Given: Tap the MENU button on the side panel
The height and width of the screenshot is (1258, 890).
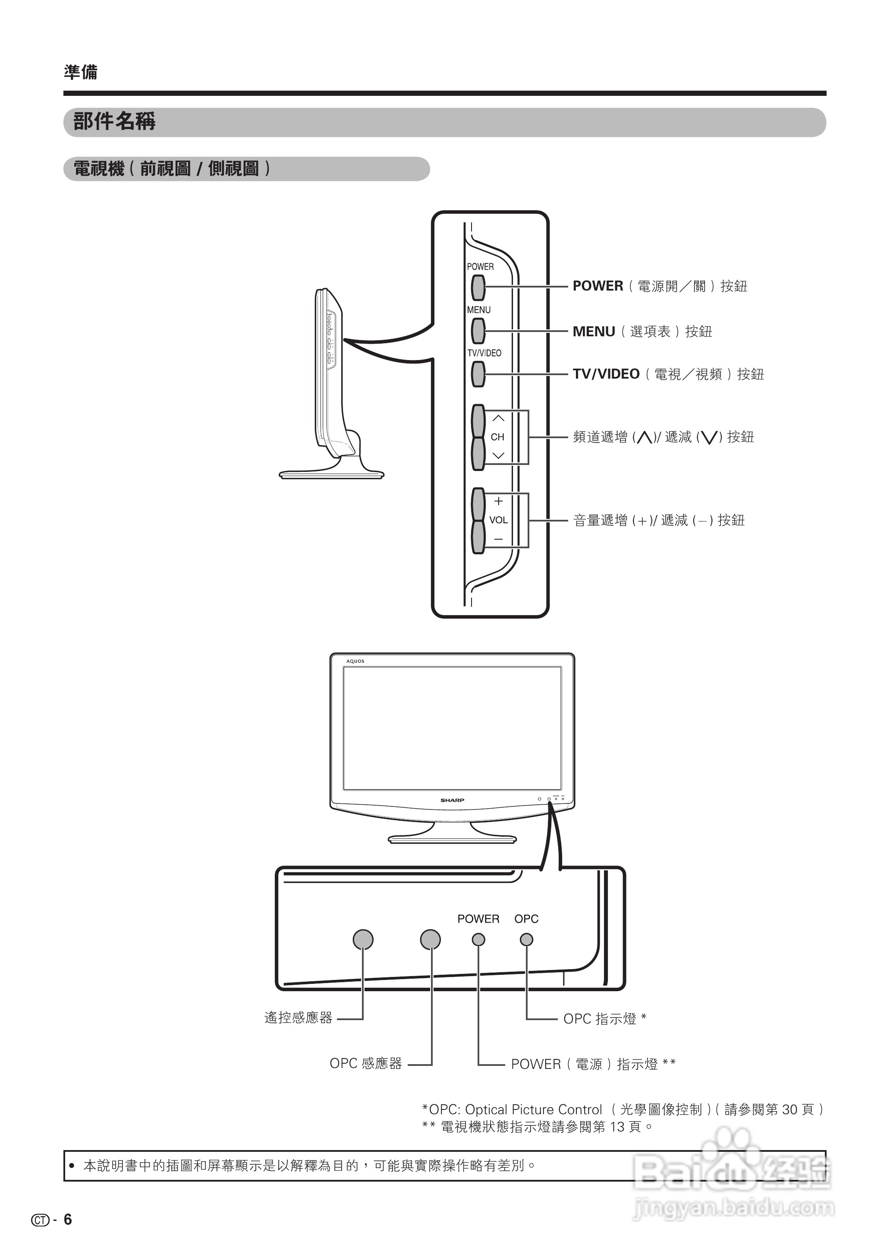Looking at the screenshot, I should [x=478, y=331].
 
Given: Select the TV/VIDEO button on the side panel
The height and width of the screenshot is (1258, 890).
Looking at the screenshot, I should [x=478, y=374].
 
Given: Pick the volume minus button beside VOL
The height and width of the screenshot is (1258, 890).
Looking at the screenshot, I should [x=478, y=537].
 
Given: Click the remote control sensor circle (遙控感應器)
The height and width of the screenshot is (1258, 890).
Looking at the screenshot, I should [x=363, y=939].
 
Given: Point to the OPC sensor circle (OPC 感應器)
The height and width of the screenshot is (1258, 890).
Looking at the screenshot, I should [x=430, y=939].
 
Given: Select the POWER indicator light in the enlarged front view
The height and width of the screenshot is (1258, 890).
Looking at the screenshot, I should [x=478, y=939].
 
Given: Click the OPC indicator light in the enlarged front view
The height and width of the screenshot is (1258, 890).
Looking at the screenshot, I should [x=526, y=939].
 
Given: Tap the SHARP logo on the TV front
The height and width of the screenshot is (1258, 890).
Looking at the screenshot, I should [x=452, y=800].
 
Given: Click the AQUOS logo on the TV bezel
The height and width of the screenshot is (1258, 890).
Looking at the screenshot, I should [x=355, y=661].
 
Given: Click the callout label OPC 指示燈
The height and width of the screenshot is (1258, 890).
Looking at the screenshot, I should [x=600, y=1019].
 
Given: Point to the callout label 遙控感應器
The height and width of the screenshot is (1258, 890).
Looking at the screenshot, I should [x=298, y=1018].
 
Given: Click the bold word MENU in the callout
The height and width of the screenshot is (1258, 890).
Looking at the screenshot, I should [x=594, y=332].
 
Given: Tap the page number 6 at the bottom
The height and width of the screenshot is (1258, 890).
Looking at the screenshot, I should [x=68, y=1219].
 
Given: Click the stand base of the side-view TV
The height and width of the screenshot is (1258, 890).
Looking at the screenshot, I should [x=332, y=474].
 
